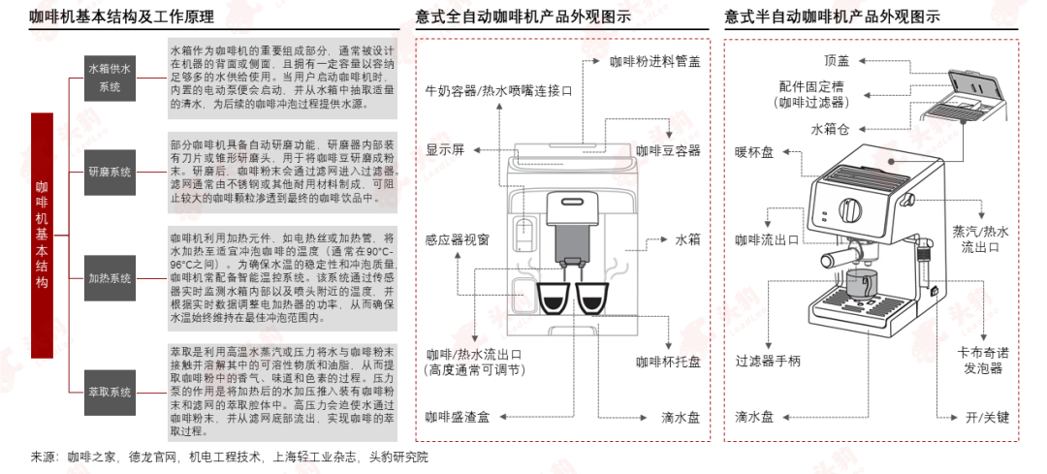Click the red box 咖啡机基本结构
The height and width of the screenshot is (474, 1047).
point(42,236)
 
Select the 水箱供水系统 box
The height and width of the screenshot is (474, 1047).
point(110,78)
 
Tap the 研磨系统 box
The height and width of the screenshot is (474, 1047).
point(110,172)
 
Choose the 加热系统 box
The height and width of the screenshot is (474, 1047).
point(110,278)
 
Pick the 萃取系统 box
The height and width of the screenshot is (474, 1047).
point(110,392)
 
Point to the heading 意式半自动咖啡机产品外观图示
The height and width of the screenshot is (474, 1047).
point(831,16)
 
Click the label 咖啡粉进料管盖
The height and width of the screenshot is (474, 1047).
point(654,60)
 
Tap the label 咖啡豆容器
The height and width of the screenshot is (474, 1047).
point(668,150)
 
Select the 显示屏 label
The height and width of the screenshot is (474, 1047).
point(445,150)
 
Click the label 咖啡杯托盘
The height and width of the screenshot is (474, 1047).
point(668,362)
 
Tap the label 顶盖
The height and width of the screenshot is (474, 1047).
point(836,60)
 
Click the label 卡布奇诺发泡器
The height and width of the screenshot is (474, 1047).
point(982,362)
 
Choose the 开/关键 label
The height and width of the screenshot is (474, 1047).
point(987,417)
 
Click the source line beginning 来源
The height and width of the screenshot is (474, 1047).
point(228,457)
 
